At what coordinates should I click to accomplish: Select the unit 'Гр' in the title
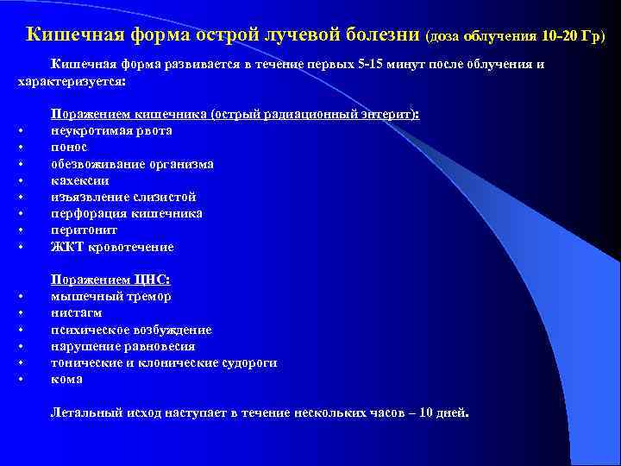[x=591, y=36]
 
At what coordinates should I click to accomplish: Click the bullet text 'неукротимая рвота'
[x=111, y=131]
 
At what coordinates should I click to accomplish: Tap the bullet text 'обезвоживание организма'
[x=132, y=164]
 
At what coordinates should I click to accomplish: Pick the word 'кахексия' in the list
[x=79, y=180]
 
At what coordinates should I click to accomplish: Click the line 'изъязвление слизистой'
[x=123, y=197]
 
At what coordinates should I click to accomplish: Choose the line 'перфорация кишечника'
[x=127, y=213]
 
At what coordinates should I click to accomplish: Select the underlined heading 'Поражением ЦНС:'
[x=110, y=280]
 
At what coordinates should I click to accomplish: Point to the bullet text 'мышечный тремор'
[x=110, y=296]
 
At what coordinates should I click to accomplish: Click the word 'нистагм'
[x=76, y=312]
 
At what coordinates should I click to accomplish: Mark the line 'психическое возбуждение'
[x=131, y=330]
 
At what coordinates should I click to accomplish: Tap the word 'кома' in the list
[x=66, y=379]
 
